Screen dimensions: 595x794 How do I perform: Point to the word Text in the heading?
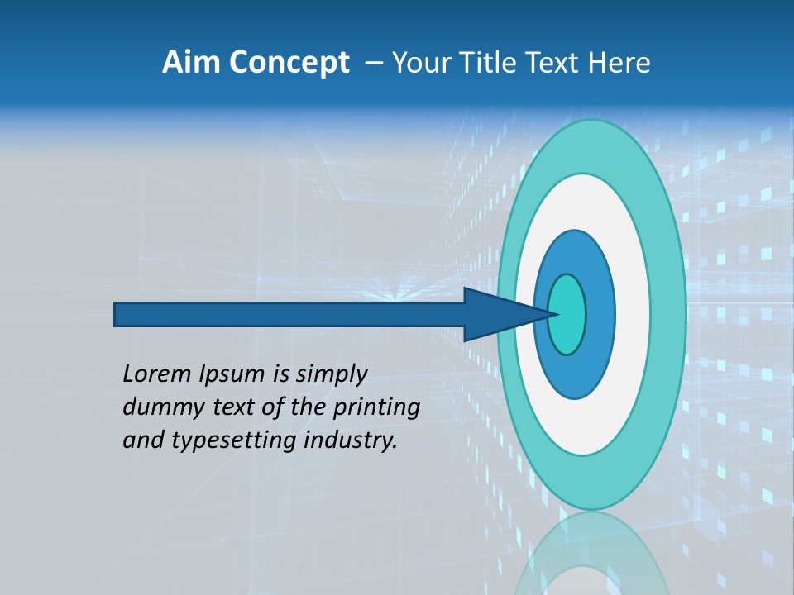(552, 63)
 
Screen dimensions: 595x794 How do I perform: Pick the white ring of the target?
(632, 314)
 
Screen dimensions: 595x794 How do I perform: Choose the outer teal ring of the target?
(670, 314)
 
